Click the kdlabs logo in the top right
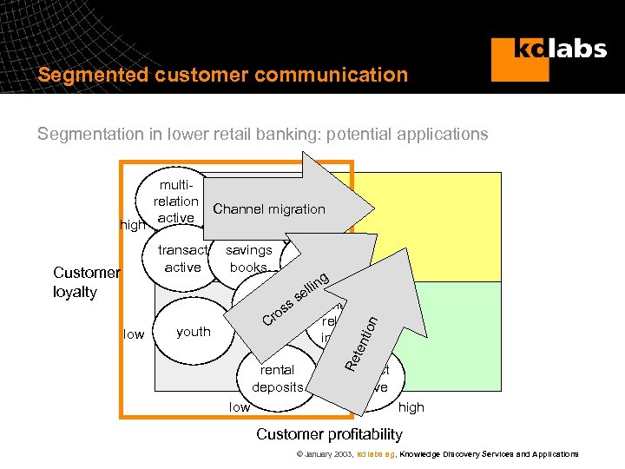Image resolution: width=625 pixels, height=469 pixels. coord(548,58)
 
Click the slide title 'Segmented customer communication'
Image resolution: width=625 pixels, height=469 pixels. coord(222,75)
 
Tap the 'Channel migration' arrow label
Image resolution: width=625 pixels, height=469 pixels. coord(269,208)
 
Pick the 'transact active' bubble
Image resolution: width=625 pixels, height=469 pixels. coord(182,259)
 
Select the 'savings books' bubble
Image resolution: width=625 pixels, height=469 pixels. coord(249,259)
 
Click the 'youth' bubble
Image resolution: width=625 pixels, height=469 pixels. coord(193,331)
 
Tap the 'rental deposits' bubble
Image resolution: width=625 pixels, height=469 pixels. coord(277,378)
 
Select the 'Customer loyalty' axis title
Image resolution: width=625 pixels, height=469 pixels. coord(85,281)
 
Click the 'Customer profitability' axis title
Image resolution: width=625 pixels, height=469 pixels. coord(329,433)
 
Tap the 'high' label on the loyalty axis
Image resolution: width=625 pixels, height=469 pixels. coord(133,225)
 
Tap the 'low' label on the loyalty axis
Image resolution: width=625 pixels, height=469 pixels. coord(134,334)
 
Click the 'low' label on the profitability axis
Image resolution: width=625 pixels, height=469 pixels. coord(239,406)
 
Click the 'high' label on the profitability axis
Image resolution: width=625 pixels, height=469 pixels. coord(411,406)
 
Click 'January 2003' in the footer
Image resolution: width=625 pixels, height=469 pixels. coord(326,454)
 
